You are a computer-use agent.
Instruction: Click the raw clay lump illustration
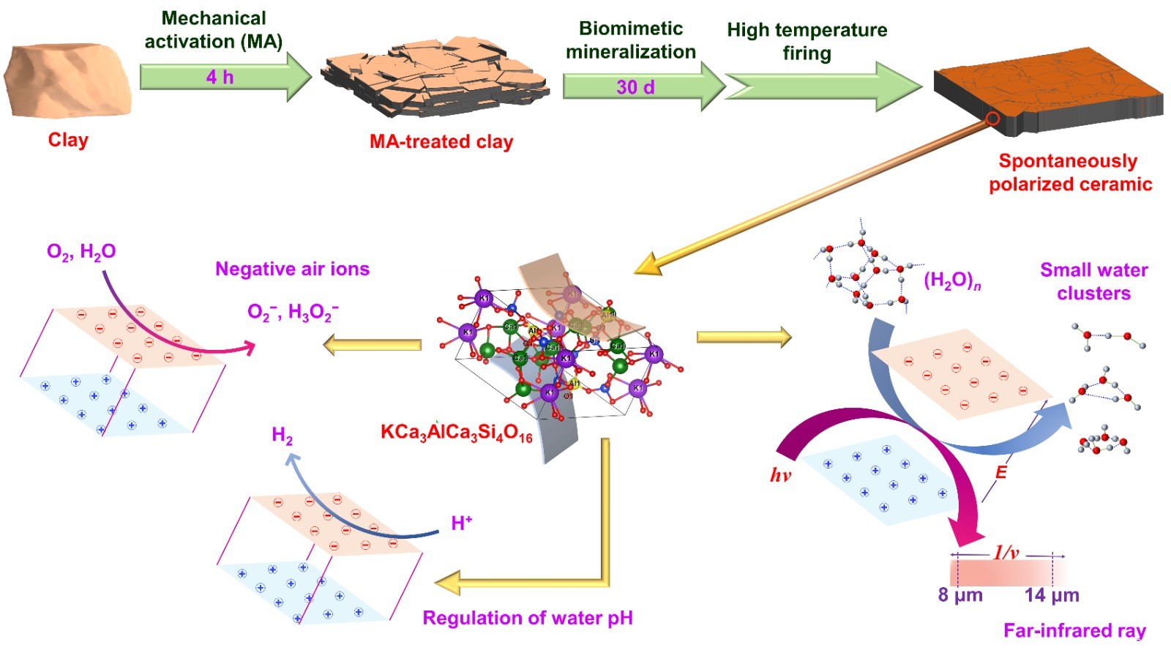click(68, 80)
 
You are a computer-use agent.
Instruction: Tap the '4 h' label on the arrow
click(220, 77)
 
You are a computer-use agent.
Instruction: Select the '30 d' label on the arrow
click(635, 87)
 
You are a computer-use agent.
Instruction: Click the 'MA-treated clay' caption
click(441, 141)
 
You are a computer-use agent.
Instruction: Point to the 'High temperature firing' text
click(807, 42)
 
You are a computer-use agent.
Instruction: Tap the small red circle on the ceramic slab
click(992, 119)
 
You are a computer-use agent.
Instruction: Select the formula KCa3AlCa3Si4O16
click(456, 433)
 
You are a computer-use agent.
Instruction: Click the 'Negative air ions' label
click(292, 269)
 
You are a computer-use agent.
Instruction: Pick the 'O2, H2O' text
click(81, 252)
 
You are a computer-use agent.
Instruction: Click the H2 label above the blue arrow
click(282, 436)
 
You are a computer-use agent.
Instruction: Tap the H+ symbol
click(462, 523)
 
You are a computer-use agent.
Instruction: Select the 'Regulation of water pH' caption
click(528, 618)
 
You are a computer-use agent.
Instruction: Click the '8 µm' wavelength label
click(960, 594)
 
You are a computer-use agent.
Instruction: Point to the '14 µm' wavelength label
click(1052, 594)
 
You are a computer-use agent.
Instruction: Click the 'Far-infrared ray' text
click(1074, 630)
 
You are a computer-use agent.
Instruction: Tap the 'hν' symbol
click(780, 475)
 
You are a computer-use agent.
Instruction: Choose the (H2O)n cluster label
click(952, 280)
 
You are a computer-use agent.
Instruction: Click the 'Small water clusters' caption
click(1093, 281)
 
